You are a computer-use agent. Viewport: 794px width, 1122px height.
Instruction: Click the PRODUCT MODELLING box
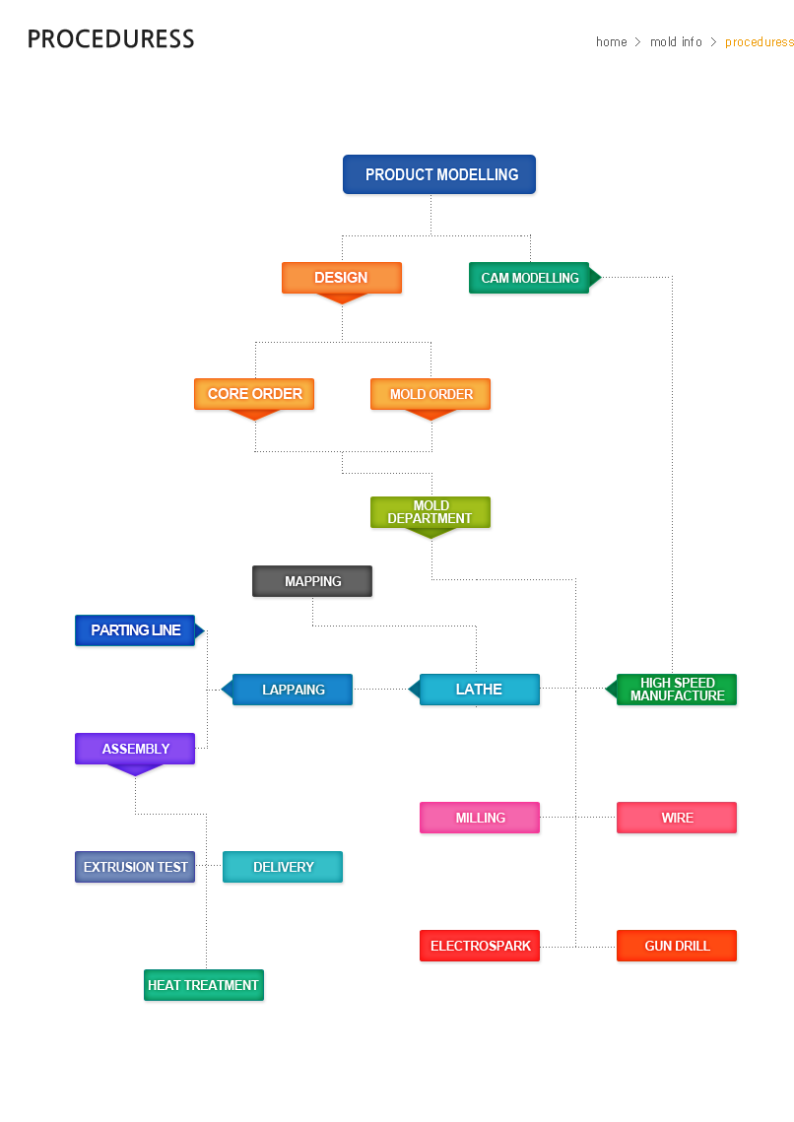pos(439,174)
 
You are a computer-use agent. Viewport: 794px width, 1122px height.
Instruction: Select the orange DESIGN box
pos(341,278)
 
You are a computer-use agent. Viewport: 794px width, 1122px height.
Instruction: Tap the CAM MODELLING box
pos(529,278)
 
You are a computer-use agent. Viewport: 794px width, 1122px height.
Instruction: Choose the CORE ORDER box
pos(254,394)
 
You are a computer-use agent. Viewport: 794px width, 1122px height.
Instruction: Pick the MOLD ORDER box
pos(430,394)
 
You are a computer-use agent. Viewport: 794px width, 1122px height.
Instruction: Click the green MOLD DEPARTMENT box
pos(430,512)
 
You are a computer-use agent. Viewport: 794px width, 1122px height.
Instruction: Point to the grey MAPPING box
pos(312,581)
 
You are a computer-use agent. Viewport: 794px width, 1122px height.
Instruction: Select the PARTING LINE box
pos(135,630)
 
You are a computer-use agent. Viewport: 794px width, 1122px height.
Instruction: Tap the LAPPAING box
pos(293,690)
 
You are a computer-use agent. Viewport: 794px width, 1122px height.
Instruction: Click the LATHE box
pos(479,690)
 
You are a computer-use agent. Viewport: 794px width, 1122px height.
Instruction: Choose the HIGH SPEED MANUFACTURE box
pos(677,690)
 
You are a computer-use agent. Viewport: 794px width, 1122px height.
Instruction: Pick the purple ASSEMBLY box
pos(135,749)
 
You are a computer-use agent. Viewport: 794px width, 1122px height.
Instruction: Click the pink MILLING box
pos(480,818)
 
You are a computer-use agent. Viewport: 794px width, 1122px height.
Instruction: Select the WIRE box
pos(677,818)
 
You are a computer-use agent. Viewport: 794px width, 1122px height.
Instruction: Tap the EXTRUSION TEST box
pos(135,867)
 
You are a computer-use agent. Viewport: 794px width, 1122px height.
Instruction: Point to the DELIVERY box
pos(283,867)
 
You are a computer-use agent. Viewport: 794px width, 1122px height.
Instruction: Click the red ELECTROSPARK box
pos(480,946)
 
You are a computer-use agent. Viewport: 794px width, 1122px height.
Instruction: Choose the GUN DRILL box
pos(677,946)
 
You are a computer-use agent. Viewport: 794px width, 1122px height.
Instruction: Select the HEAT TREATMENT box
pos(203,985)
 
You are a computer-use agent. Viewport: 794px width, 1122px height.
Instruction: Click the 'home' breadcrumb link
pos(611,41)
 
